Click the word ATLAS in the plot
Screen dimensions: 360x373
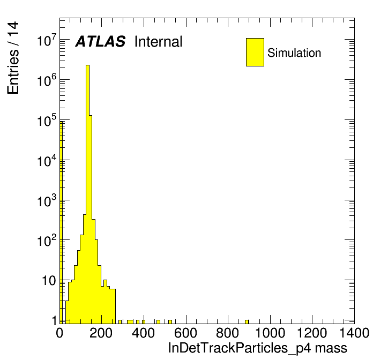click(100, 42)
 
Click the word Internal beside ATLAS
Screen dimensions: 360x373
click(158, 42)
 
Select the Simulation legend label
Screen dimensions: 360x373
click(294, 53)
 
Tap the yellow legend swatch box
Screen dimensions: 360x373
click(255, 52)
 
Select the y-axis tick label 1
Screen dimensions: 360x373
click(54, 320)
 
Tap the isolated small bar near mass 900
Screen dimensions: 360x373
click(247, 321)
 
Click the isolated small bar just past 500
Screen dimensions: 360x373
click(170, 321)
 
